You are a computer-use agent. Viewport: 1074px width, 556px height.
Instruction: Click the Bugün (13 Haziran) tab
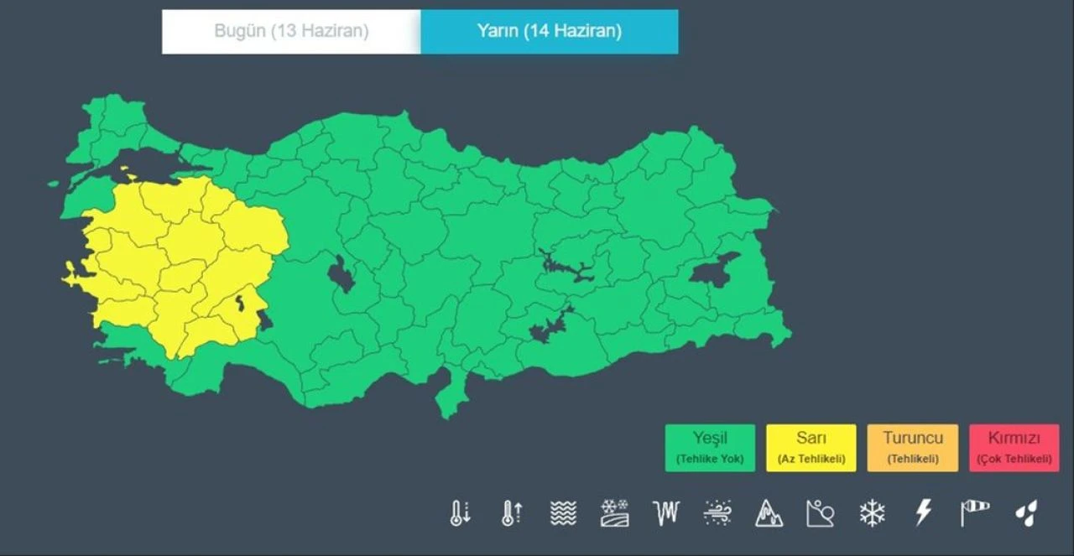(x=291, y=32)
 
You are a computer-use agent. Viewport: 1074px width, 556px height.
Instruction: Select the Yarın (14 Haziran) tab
(x=550, y=32)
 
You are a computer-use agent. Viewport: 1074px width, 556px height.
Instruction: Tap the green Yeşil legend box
(x=710, y=448)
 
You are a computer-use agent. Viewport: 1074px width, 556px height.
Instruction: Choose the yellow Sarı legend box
(x=811, y=448)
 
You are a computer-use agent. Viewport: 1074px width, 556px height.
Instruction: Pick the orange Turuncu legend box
(x=913, y=448)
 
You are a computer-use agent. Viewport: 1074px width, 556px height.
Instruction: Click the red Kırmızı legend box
(x=1014, y=448)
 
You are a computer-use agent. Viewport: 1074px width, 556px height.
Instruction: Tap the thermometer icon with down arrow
(x=460, y=512)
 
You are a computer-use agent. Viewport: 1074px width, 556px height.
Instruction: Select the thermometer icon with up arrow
(x=512, y=512)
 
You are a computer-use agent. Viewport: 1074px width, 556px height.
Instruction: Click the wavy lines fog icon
(x=563, y=512)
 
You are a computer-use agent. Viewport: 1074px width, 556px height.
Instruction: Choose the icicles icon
(x=666, y=512)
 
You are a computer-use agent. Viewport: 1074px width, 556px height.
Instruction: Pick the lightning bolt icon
(x=924, y=512)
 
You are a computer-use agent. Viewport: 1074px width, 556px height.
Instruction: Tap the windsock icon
(x=975, y=511)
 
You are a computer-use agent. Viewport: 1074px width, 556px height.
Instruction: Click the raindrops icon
(x=1026, y=512)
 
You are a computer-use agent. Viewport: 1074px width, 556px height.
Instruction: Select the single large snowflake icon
(x=873, y=512)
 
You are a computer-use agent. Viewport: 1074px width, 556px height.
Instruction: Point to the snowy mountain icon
(x=769, y=512)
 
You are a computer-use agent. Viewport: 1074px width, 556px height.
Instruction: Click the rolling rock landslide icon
(x=821, y=512)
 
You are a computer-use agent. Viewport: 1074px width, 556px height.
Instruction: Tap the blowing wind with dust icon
(x=718, y=512)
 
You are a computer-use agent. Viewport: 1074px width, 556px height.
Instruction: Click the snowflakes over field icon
(x=615, y=512)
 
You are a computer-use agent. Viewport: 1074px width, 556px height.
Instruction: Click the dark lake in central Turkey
(x=341, y=274)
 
